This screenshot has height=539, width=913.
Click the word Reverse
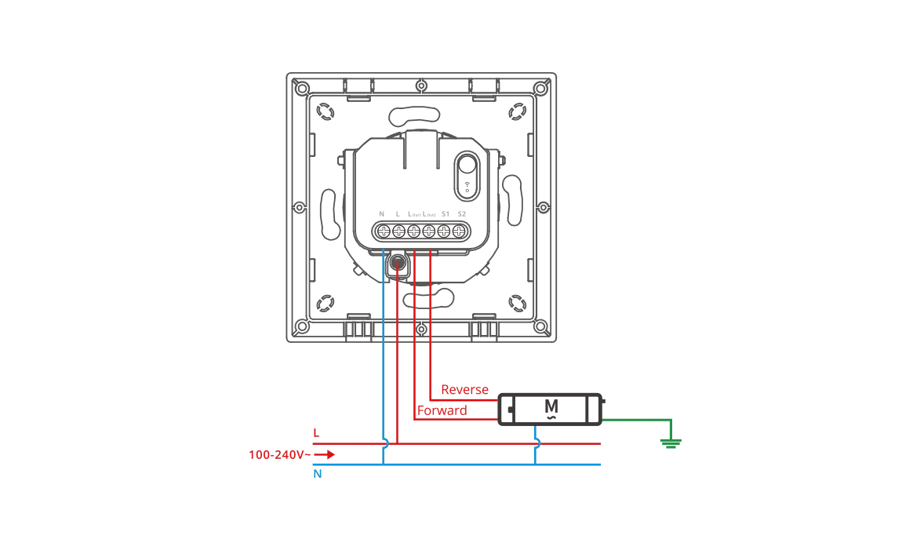(x=464, y=390)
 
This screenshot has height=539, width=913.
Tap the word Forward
(x=442, y=410)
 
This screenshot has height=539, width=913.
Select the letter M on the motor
(x=551, y=406)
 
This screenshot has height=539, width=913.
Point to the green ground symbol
(x=670, y=442)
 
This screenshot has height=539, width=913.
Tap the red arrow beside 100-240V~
(x=326, y=454)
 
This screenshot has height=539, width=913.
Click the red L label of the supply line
(x=316, y=433)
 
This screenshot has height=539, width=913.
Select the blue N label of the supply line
(x=317, y=474)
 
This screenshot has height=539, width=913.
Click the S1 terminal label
(x=445, y=214)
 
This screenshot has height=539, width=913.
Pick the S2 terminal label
(x=461, y=214)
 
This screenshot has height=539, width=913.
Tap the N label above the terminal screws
(x=382, y=214)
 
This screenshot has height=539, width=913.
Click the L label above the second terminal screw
(x=398, y=214)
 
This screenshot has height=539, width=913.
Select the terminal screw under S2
(x=459, y=231)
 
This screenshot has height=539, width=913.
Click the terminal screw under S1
(x=444, y=231)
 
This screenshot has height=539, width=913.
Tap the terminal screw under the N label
(x=384, y=231)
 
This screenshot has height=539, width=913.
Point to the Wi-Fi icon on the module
(x=467, y=188)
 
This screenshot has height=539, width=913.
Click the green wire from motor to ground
(x=635, y=419)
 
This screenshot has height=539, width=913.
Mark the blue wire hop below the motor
(x=537, y=443)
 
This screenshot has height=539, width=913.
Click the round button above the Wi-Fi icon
(x=467, y=166)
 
